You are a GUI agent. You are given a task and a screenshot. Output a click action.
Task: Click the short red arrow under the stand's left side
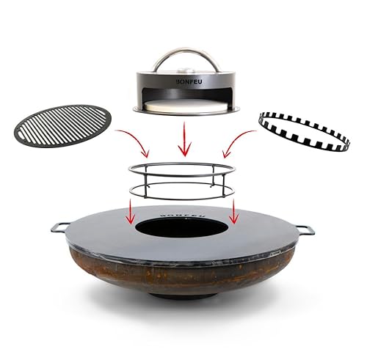pyautogui.click(x=131, y=213)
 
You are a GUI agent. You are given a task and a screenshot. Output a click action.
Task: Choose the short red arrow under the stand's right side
pyautogui.click(x=234, y=213)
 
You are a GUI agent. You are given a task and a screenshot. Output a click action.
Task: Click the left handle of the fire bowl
pyautogui.click(x=61, y=227)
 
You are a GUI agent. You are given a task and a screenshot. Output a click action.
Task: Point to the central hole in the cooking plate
pyautogui.click(x=183, y=226)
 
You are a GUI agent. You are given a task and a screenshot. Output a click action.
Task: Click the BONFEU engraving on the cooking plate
pyautogui.click(x=183, y=208)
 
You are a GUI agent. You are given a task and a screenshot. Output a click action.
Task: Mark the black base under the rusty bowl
pyautogui.click(x=183, y=295)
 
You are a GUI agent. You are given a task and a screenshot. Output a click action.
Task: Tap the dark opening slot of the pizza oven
pyautogui.click(x=183, y=98)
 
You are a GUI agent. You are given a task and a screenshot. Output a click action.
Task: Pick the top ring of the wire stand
pyautogui.click(x=183, y=168)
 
